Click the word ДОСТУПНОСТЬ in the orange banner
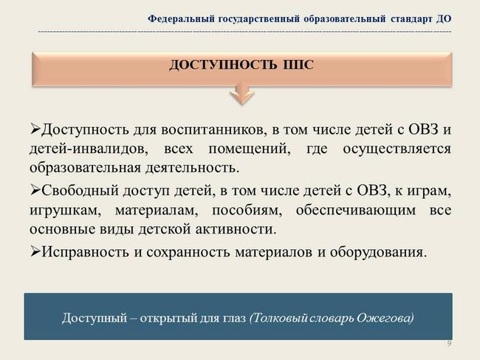[222, 65]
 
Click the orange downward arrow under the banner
[241, 93]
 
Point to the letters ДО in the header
[444, 19]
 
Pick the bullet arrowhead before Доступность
[35, 129]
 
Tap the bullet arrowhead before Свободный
[35, 190]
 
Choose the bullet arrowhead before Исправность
[35, 251]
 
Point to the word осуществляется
[397, 149]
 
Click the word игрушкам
[65, 211]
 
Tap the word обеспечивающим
[356, 211]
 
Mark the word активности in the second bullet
[236, 229]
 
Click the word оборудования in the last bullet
[378, 252]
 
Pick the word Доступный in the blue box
[95, 318]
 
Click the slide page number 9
[449, 344]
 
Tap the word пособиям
[247, 211]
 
